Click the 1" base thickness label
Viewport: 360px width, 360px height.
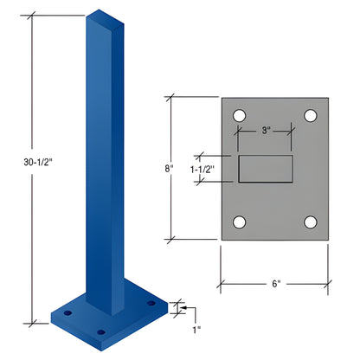pos(196,329)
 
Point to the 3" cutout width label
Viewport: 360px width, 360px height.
pos(266,132)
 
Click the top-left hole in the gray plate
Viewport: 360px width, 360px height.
pos(239,114)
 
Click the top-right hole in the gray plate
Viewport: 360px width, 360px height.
pos(309,114)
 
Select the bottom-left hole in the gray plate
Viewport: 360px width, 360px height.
pos(239,222)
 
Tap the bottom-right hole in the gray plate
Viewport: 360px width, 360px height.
pos(309,222)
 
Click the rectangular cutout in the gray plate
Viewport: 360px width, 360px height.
pos(267,169)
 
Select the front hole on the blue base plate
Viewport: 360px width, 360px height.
pos(101,331)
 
